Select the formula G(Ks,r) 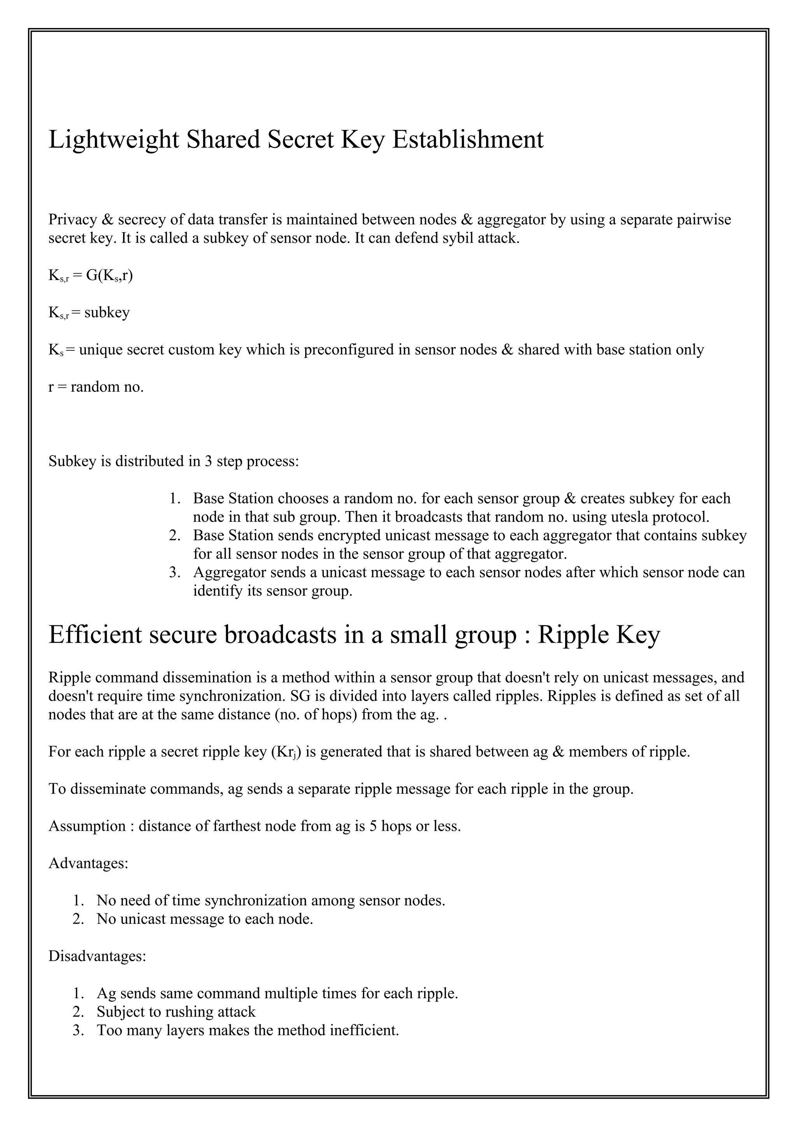coord(109,276)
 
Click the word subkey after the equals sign coord(107,313)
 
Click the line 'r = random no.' coord(96,387)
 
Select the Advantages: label coord(88,863)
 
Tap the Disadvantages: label coord(97,956)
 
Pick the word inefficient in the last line coord(364,1030)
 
